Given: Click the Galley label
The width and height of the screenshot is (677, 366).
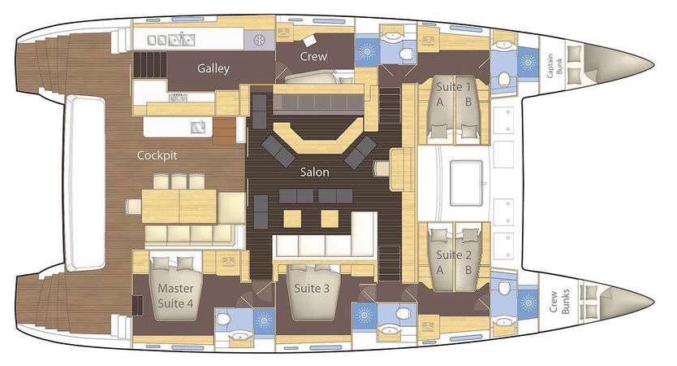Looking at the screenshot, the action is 213,68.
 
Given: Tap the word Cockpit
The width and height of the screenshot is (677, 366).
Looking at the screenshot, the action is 157,155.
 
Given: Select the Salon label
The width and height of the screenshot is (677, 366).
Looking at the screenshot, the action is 314,172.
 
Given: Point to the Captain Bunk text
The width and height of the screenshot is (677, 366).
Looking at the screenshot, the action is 554,66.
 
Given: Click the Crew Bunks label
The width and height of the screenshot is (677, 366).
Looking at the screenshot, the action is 559,301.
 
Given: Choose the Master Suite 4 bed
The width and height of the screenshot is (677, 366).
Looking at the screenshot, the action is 175,290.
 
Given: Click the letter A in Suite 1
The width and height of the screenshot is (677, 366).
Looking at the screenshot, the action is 439,102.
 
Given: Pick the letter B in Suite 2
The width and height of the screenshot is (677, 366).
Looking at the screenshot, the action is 468,270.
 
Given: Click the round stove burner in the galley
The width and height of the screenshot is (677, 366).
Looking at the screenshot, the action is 259,41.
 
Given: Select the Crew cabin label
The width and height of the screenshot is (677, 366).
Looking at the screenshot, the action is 313,56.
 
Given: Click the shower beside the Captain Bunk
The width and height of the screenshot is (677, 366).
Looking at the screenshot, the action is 528,63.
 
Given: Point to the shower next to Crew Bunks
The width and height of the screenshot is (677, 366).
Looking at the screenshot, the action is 528,303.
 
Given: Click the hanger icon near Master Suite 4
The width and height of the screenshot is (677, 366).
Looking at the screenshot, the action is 227,261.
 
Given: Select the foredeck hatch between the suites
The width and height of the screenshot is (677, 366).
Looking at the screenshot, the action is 466,183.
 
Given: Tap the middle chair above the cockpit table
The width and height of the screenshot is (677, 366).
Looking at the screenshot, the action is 179,181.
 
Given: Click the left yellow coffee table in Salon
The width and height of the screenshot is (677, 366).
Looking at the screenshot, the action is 292,219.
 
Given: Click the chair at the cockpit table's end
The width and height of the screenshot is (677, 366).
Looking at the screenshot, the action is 134,207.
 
